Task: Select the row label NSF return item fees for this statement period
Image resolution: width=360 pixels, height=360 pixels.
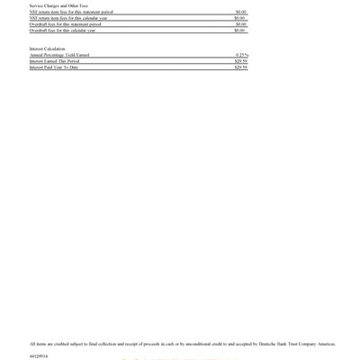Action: coord(71,12)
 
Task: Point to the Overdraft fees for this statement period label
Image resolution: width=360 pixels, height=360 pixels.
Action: coord(65,24)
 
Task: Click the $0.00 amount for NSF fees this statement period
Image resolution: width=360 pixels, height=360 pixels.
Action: coord(240,12)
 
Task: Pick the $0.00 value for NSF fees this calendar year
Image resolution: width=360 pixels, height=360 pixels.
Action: coord(240,18)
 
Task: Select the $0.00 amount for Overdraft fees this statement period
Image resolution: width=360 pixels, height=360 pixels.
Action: coord(240,24)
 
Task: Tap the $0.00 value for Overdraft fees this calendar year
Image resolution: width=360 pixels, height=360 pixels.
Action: coord(240,31)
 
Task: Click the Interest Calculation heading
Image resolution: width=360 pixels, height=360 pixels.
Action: coord(47,49)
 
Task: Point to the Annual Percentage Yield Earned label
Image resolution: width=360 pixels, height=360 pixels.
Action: coord(59,55)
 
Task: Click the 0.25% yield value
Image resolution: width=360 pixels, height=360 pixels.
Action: coord(241,55)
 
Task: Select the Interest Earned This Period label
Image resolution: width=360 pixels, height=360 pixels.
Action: coord(54,61)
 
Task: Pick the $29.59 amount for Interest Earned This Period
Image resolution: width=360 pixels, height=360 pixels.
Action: coord(240,61)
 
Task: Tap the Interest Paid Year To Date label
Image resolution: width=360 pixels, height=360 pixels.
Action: coord(54,67)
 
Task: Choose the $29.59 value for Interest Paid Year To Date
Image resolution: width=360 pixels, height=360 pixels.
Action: coord(240,67)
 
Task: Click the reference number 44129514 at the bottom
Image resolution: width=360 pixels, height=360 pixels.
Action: coord(39,356)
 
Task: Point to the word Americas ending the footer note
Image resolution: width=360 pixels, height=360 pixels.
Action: coord(327,344)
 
